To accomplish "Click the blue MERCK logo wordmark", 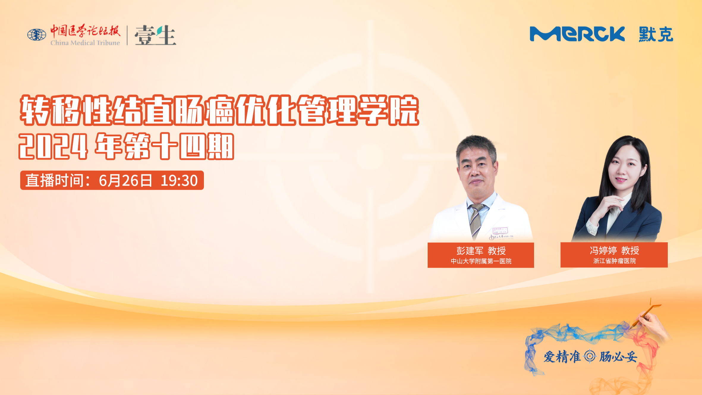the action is coord(577,34).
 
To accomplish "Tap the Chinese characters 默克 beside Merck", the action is coord(656,34).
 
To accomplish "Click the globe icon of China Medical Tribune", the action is coord(37,35).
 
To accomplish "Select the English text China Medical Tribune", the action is coord(85,43).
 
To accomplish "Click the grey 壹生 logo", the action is coord(155,35).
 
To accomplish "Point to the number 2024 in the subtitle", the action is coord(53,146).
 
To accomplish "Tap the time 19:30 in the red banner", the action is coord(179,181).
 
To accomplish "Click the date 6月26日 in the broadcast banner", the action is coord(125,181).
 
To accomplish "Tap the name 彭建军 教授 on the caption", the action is coord(481,251).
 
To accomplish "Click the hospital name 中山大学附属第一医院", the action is coord(481,261).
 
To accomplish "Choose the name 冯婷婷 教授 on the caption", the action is coord(614,250).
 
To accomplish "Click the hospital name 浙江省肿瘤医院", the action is coord(614,261).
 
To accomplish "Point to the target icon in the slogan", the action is coord(590,356).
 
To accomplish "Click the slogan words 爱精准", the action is coord(562,357).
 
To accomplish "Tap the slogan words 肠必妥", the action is coord(618,357).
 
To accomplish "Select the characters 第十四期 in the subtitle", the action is coord(179,146).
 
